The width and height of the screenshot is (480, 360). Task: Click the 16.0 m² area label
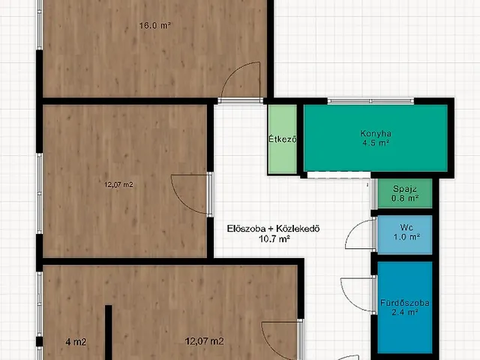154,25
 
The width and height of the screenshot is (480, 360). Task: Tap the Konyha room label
376,133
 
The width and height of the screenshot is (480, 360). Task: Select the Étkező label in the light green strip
283,139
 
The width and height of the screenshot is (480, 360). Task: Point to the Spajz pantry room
405,193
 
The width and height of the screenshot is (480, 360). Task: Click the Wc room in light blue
405,235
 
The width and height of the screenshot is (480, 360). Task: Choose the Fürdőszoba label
405,303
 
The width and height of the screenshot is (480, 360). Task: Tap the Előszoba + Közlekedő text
273,229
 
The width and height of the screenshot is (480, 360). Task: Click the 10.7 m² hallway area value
274,238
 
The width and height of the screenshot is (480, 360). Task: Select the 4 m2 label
76,342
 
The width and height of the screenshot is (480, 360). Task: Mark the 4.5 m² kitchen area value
376,143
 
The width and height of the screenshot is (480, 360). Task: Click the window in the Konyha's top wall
370,101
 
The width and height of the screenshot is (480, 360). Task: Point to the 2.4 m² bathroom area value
405,312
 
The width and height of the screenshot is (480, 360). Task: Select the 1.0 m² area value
406,237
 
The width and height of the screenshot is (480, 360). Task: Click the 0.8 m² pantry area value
405,198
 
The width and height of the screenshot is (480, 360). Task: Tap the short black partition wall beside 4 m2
108,332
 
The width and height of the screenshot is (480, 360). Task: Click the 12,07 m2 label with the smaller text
118,184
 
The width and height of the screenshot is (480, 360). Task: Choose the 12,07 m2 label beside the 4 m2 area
204,341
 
